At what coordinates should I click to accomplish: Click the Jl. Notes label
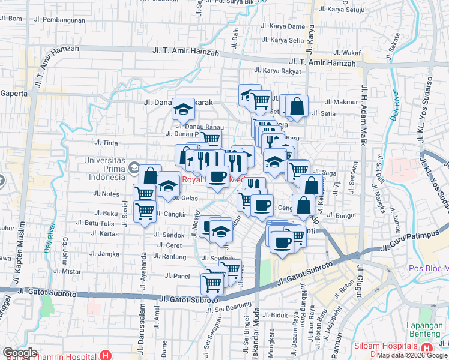tap(106, 194)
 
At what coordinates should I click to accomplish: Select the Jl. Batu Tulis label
tap(100, 223)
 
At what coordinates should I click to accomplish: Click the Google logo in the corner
tap(20, 353)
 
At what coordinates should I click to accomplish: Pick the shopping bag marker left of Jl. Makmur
tap(297, 107)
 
